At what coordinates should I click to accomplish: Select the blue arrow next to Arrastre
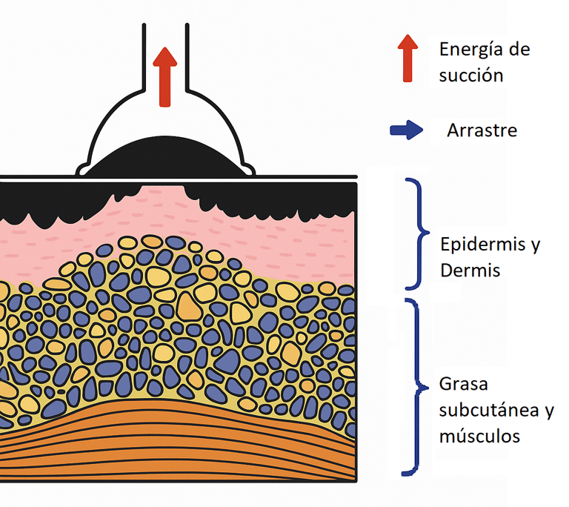407,131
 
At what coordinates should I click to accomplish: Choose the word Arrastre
482,131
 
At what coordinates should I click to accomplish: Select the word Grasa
463,385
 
